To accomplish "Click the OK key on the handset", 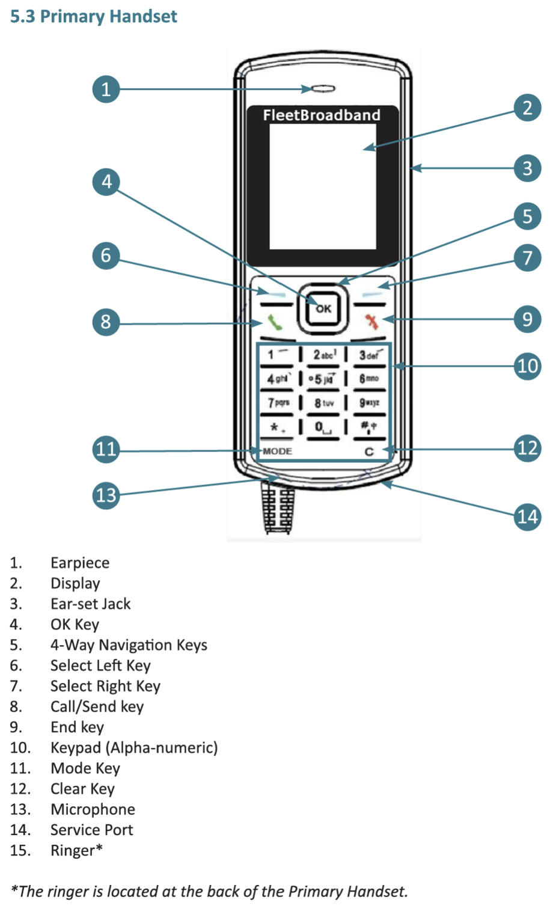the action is pos(323,309).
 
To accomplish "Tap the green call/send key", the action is pos(275,323).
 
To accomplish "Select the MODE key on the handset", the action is pos(278,451).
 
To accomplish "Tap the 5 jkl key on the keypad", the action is pos(323,379).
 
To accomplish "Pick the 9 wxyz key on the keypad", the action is pos(369,403).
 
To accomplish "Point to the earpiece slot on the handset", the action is pos(323,89).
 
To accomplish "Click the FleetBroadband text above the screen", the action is pos(322,115).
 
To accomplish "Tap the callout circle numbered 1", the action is pos(106,89).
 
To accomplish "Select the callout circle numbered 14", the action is pos(527,517).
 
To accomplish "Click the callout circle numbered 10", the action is pos(527,367).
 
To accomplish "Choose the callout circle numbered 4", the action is pos(106,182).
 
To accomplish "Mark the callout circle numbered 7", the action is pos(527,258).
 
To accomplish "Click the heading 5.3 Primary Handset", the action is pos(94,17).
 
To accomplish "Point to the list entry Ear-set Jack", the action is pos(91,604).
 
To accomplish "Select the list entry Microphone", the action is pos(93,809).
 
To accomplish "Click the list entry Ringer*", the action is pos(77,850).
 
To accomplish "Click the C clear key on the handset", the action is pos(369,451).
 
